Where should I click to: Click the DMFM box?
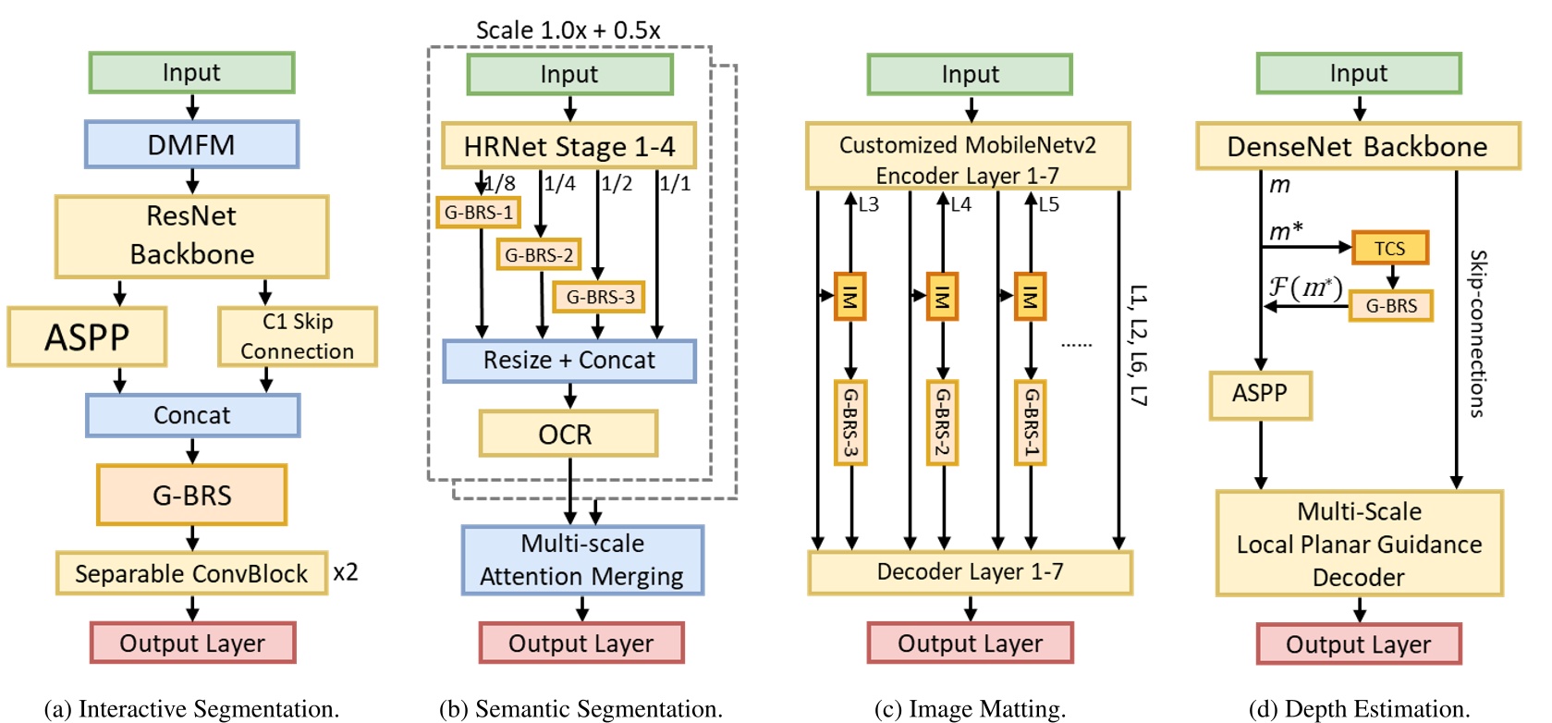[x=191, y=144]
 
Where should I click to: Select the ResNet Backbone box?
[x=191, y=236]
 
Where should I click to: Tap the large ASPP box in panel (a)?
[x=87, y=337]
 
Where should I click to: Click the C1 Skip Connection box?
[x=297, y=337]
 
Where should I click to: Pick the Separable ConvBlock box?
[x=191, y=573]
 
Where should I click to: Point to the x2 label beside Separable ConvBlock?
[x=346, y=572]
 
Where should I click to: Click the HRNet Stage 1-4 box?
[x=568, y=146]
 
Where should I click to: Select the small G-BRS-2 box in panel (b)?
[x=538, y=254]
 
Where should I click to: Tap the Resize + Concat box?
[x=568, y=361]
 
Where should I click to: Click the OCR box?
[x=568, y=434]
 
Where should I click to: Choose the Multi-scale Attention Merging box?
[x=582, y=560]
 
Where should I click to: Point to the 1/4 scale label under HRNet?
[x=559, y=184]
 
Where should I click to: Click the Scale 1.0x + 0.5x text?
[x=568, y=31]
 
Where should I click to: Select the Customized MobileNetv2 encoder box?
[x=968, y=159]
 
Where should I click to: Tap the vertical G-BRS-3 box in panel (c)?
[x=849, y=423]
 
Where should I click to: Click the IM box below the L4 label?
[x=942, y=297]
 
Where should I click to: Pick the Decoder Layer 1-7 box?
[x=970, y=572]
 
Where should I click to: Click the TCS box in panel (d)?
[x=1389, y=248]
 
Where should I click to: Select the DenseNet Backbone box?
[x=1357, y=146]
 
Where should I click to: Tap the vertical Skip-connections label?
[x=1477, y=333]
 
